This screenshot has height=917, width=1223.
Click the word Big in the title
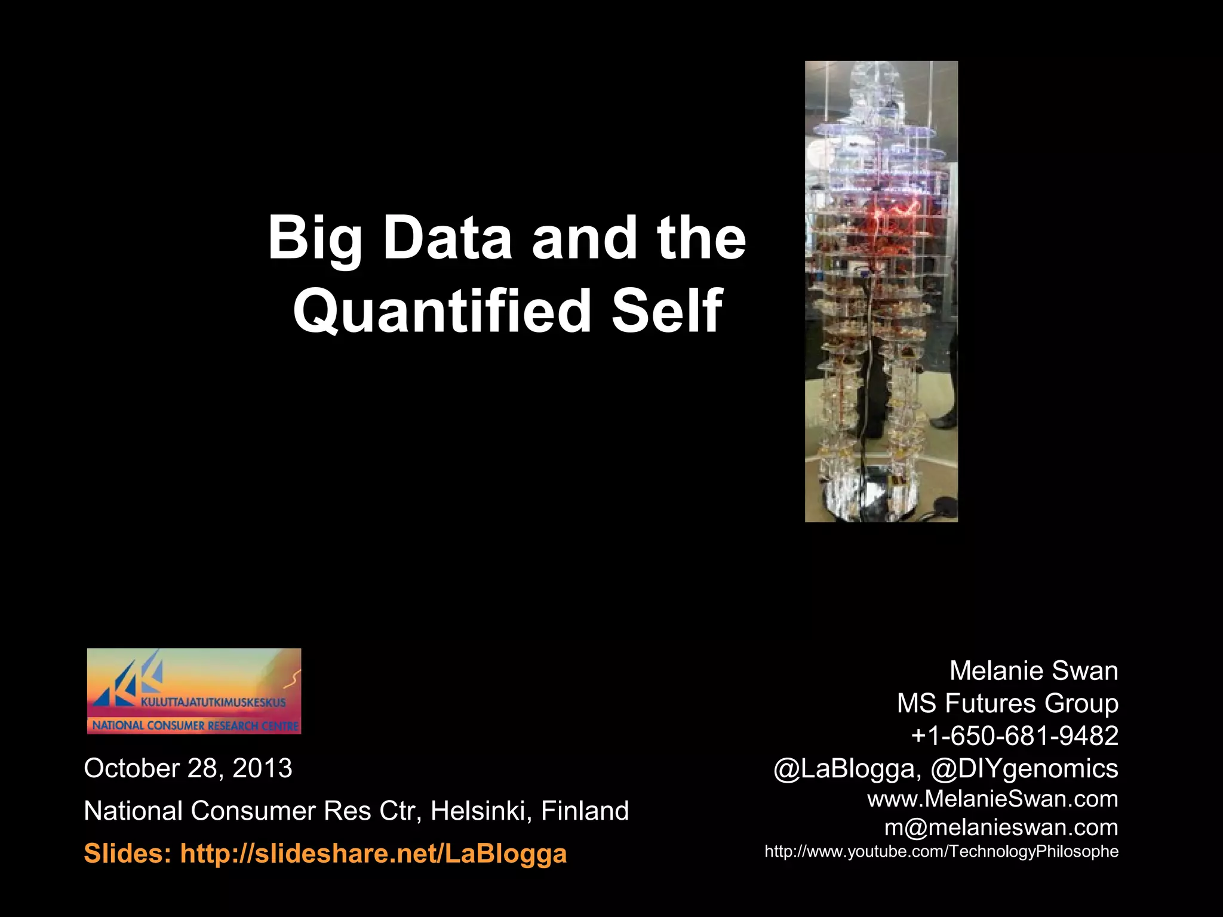[x=315, y=239]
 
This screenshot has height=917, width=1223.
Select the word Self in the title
[x=666, y=310]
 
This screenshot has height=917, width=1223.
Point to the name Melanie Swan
[x=1034, y=671]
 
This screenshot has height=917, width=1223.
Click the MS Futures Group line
[x=1007, y=703]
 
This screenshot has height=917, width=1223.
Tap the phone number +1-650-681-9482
[x=1015, y=736]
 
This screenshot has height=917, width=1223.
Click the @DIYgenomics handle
[x=1024, y=768]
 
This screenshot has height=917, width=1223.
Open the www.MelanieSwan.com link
[x=992, y=799]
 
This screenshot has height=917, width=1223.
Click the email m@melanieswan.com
[x=1001, y=827]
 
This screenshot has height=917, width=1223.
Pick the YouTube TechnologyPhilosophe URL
[x=941, y=851]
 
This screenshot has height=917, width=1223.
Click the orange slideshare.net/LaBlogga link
[x=373, y=854]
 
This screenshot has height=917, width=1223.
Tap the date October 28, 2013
[x=188, y=768]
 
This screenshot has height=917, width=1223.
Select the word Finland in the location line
[x=585, y=811]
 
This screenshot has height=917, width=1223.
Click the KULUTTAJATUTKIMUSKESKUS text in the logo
[x=213, y=703]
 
